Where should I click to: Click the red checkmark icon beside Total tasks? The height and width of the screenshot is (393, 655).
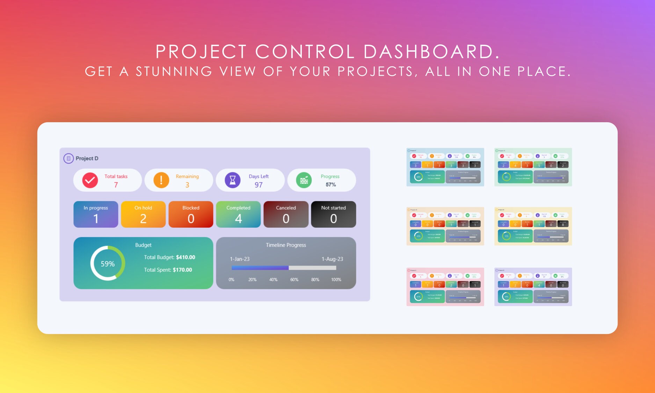point(90,180)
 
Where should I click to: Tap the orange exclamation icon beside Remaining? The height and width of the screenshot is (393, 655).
point(161,180)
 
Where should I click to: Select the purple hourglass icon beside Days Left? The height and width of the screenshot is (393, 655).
point(233,180)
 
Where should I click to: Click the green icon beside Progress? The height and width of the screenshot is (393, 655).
point(304,180)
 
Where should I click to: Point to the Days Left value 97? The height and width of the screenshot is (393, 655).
point(259,185)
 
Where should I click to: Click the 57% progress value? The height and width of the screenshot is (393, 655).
point(330,184)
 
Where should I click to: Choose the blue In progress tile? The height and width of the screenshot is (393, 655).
point(96,214)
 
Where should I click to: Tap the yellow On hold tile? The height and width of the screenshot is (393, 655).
point(143,214)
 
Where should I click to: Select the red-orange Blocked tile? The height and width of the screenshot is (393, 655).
point(191,214)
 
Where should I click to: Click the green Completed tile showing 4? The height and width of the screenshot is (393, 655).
point(238,214)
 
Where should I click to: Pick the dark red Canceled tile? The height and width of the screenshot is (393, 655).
point(286,214)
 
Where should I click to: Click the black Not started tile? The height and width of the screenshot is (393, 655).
point(333,214)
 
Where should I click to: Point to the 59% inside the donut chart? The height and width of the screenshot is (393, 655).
point(108,264)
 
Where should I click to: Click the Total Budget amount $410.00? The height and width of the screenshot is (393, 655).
point(185,257)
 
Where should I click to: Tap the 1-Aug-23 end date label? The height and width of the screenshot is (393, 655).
point(332,259)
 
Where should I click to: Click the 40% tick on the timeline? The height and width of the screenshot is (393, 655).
point(273,279)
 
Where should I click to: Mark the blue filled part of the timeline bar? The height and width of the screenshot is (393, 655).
point(260,268)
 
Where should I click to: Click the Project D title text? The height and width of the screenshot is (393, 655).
point(87,158)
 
